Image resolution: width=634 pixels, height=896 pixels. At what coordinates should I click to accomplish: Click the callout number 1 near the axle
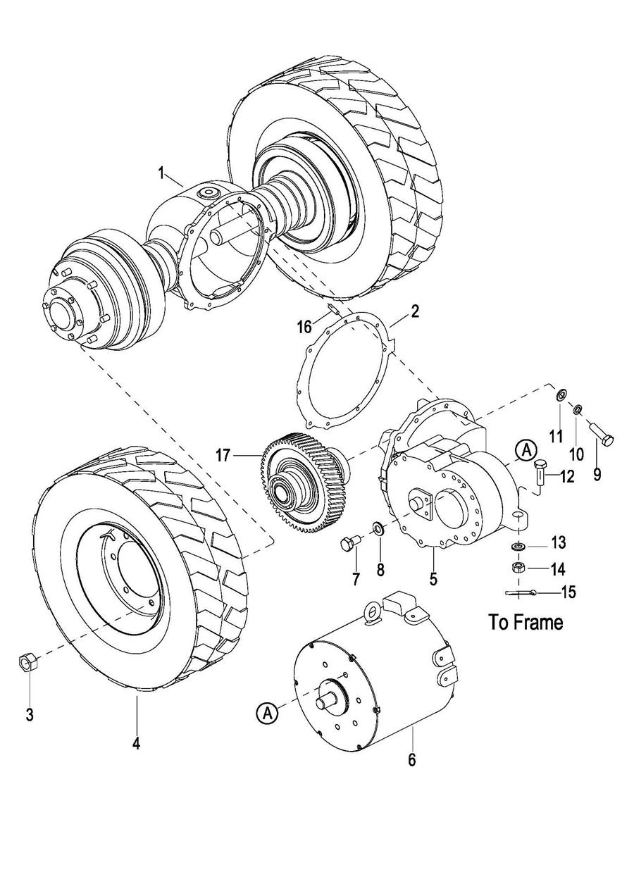pos(161,172)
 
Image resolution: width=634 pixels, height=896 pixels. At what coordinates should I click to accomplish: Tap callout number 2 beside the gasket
pos(416,311)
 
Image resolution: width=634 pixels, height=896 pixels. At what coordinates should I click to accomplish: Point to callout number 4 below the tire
pos(136,742)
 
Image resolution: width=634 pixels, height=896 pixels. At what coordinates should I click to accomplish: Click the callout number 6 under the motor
pos(412,759)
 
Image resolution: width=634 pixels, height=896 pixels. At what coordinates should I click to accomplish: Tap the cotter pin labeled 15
pos(522,594)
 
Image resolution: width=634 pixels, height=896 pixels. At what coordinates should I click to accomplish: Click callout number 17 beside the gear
pos(223,456)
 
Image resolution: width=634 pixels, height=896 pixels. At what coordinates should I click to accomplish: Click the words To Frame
pos(526,622)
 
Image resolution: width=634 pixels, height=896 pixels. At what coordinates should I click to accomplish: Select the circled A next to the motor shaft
pos(268,714)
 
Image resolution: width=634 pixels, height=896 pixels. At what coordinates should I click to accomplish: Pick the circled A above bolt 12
pos(525,449)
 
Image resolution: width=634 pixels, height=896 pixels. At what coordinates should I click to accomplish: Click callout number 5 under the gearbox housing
pos(433,579)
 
